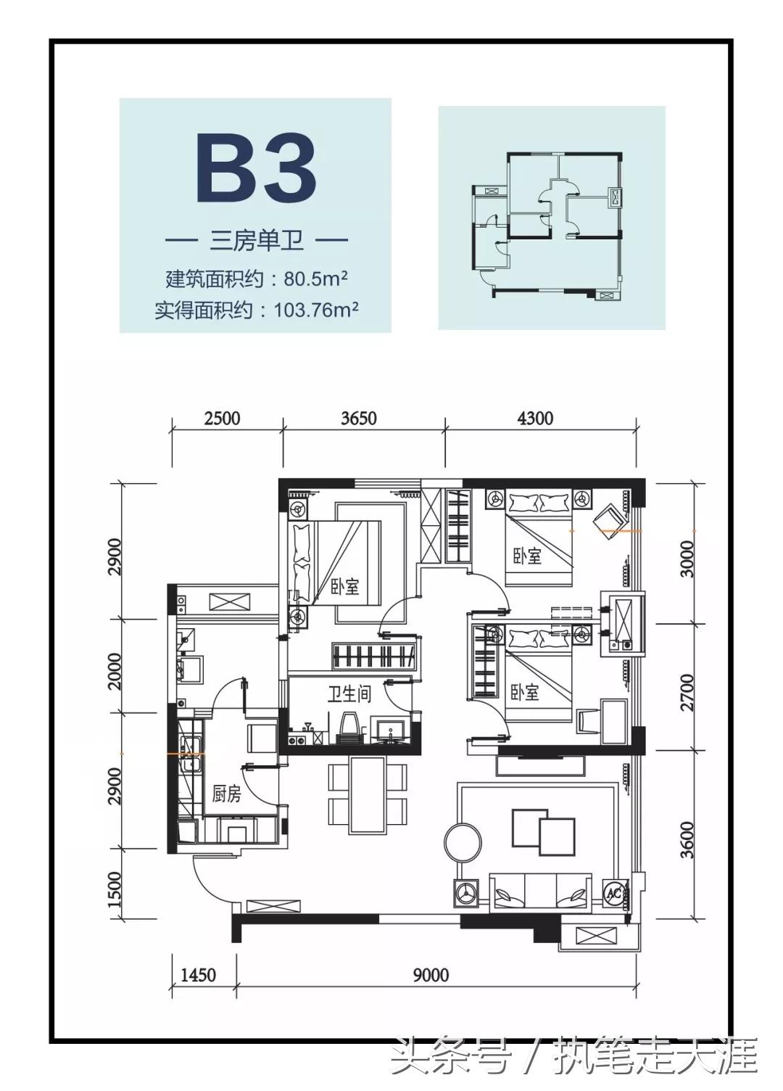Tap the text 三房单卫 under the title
point(257,240)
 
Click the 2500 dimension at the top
point(222,419)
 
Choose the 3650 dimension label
point(359,419)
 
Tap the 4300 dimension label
point(535,419)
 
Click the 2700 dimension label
point(687,692)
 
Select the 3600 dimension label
point(687,839)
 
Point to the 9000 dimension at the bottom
point(431,974)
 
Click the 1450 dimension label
point(198,974)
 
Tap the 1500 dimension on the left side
point(115,889)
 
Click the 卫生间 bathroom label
point(349,695)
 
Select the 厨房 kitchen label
point(226,794)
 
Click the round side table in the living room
point(463,842)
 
